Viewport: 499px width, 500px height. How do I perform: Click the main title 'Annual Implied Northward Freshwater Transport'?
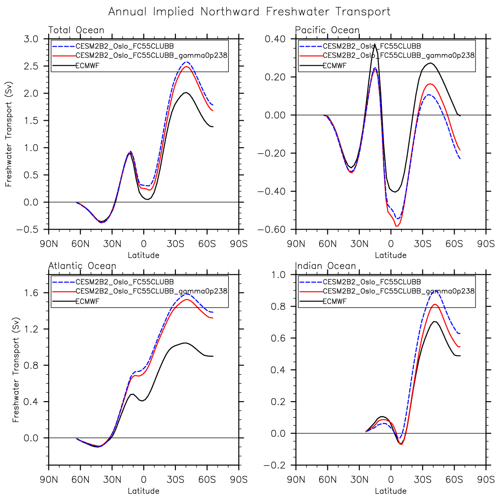[249, 12]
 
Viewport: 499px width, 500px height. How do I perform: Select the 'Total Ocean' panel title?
[76, 30]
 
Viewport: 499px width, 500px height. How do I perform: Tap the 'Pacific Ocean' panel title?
[327, 30]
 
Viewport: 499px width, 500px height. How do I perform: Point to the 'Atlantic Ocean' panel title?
[82, 266]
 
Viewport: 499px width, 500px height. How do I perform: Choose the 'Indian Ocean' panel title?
[326, 266]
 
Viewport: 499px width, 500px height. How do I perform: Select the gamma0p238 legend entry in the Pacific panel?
[398, 55]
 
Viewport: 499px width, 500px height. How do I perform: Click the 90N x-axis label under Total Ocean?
[49, 244]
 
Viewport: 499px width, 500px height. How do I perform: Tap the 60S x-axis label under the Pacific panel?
[454, 244]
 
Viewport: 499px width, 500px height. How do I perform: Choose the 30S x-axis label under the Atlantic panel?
[175, 480]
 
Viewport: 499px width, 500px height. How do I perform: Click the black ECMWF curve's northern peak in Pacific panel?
[374, 44]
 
